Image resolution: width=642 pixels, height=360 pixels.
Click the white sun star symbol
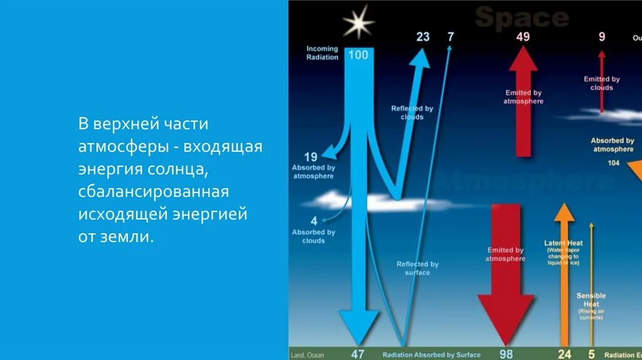pos(358,23)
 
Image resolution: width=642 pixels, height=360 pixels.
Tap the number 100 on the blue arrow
pos(358,55)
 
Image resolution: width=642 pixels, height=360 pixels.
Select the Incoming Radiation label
pos(322,53)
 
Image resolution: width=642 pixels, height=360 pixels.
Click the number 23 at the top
pos(423,36)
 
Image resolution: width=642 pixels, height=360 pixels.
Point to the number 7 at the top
pos(450,36)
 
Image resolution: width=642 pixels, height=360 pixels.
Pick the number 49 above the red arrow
pos(523,36)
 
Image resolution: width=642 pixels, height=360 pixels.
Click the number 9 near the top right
pos(602,36)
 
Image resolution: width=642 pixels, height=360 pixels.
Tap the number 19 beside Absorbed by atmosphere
pos(311,157)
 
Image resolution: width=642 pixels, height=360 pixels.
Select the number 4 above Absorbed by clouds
pos(314,221)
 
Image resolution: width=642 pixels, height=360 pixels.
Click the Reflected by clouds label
pos(412,112)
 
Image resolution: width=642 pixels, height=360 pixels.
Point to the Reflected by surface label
pos(418,268)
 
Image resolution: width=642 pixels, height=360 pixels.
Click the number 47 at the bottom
pos(358,354)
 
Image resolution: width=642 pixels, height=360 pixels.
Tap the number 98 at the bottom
pos(506,354)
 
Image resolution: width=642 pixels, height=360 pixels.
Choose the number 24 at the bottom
pos(565,354)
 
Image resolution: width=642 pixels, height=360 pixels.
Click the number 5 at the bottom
pos(591,354)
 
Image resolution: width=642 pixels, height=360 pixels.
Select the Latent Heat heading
pos(563,243)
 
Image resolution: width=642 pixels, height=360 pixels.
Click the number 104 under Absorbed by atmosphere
pos(613,163)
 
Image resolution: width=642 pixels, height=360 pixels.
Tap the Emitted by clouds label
pos(602,83)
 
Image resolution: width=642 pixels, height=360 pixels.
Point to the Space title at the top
pos(522,18)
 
